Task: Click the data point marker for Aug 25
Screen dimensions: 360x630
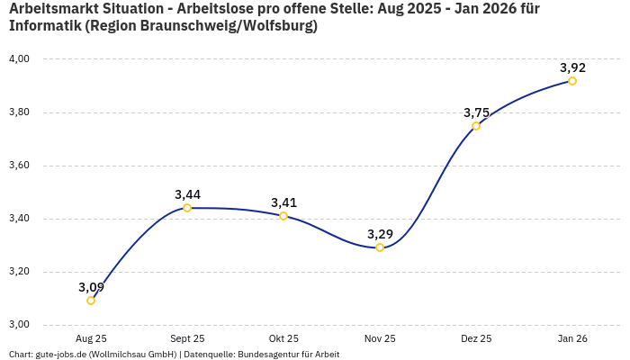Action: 91,301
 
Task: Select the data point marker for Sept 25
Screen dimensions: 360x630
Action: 187,208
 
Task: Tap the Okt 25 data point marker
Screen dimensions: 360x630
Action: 283,216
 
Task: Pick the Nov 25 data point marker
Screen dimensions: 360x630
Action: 380,247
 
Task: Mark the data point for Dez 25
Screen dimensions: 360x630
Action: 476,126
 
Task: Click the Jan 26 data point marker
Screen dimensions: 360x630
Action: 572,81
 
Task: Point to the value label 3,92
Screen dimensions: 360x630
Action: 572,67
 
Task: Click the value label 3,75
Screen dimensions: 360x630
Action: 476,112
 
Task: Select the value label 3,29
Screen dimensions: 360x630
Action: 380,234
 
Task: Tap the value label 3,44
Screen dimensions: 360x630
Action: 187,194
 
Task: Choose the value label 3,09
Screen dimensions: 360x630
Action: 91,287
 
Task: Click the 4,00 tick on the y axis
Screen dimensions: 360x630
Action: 19,59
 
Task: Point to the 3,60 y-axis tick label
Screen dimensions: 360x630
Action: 19,166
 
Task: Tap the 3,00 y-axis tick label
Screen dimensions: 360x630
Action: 19,325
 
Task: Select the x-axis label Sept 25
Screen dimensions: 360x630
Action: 187,339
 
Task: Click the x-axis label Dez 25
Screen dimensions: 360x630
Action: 476,339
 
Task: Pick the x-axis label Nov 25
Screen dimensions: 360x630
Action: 380,339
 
